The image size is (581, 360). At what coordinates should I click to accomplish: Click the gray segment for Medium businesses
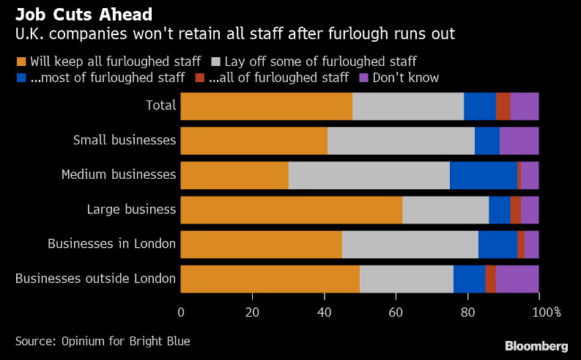pos(369,175)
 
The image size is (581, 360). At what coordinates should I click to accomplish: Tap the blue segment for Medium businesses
pos(483,175)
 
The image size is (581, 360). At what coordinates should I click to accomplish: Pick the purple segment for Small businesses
pos(519,141)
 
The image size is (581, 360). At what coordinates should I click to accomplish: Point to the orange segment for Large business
pos(291,210)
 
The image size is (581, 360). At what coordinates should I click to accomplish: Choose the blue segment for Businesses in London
pos(497,244)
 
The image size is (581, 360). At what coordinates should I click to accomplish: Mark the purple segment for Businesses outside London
pos(517,279)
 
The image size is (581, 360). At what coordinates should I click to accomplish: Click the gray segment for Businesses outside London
pos(406,279)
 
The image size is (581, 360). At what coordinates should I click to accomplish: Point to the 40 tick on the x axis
pos(324,312)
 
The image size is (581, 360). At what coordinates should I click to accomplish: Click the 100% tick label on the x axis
pos(547,312)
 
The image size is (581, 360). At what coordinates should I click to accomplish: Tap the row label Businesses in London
pos(111,244)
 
